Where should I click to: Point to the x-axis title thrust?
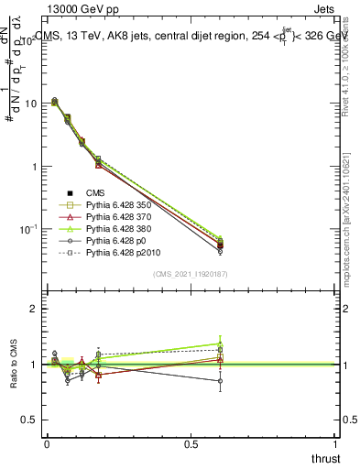[326, 458]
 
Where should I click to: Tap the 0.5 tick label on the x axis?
[191, 443]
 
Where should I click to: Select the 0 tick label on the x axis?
[47, 443]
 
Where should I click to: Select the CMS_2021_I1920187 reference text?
[191, 274]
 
